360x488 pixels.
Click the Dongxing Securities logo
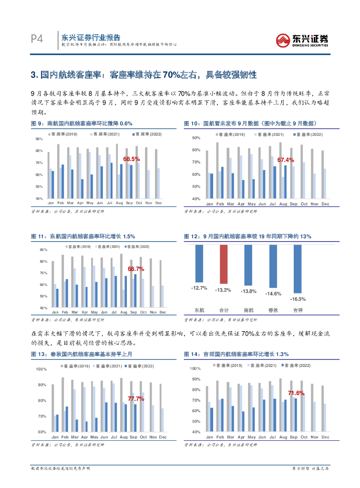[303, 39]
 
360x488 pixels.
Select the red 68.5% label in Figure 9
[131, 159]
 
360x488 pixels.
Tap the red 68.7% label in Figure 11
[136, 269]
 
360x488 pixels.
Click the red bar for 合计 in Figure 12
[224, 264]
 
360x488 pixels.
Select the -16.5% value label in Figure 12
[298, 299]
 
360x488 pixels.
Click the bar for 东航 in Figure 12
[199, 264]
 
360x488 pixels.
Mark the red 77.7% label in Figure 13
[135, 398]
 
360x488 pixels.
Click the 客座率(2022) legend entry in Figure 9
[148, 134]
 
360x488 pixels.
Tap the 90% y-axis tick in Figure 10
[196, 138]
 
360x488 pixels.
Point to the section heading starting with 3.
[143, 75]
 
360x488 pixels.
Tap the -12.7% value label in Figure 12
[199, 288]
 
